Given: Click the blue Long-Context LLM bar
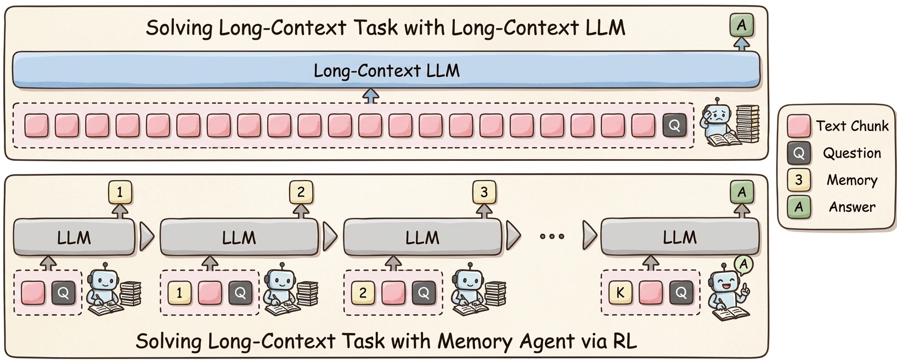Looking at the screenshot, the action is [x=386, y=70].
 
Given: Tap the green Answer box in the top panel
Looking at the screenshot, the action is [x=742, y=25].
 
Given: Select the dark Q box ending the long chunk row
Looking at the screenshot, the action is [x=674, y=126].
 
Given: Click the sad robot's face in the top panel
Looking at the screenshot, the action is [x=718, y=116].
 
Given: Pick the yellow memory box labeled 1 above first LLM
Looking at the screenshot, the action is [x=120, y=192].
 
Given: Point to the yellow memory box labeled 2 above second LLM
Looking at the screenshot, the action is [x=301, y=192].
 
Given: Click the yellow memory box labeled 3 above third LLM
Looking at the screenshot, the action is [x=484, y=192].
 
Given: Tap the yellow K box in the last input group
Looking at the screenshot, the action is [x=620, y=292].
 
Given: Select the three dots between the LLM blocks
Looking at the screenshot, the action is [x=552, y=237].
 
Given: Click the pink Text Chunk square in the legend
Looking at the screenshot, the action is [x=799, y=126].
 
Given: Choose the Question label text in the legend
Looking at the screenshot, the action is [x=852, y=153].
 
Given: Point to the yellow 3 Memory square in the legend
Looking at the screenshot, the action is [x=799, y=180].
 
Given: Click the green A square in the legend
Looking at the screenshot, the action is [x=799, y=207].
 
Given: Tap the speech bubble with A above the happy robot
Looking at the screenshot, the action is [x=743, y=265].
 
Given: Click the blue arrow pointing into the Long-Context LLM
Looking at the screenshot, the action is [x=371, y=96].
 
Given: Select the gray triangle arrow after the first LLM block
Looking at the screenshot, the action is [x=146, y=237].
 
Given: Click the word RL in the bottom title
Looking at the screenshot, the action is [x=625, y=341].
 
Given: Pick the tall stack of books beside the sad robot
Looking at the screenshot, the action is [x=747, y=123].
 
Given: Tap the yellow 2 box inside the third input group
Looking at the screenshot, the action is [x=363, y=292].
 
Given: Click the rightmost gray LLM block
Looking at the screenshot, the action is [x=680, y=237].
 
